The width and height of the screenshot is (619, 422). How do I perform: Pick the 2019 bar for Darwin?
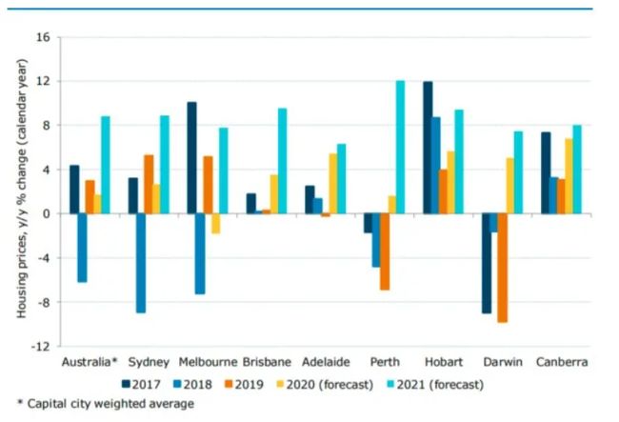(503, 268)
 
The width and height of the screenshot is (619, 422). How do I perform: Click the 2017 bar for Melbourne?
(191, 157)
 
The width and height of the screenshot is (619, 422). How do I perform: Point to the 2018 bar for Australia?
(83, 248)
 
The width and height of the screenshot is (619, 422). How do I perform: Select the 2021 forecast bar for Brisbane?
(283, 161)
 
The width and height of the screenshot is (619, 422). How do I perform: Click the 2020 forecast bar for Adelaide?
(333, 184)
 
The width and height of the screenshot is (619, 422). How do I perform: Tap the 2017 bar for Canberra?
(546, 172)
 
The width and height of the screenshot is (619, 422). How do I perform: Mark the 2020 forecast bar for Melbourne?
(215, 224)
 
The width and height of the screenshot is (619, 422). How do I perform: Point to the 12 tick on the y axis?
(42, 82)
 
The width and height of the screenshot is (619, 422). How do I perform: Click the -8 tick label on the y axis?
(41, 303)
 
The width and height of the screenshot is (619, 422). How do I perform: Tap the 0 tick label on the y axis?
(45, 214)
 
